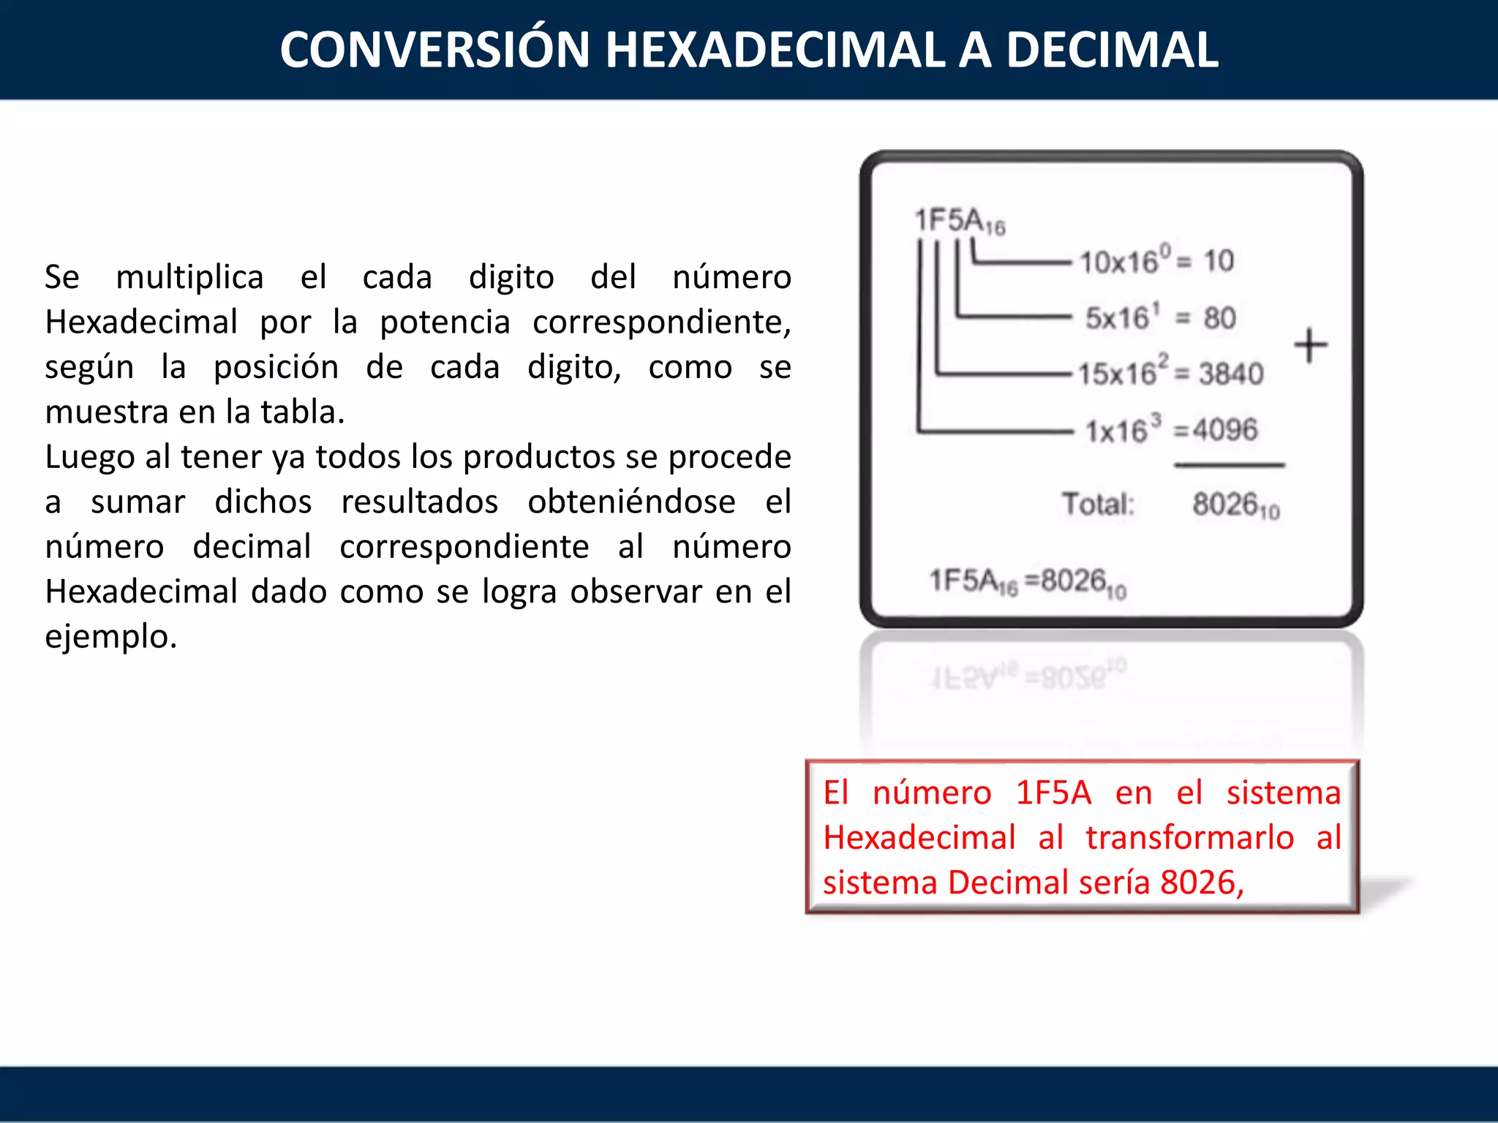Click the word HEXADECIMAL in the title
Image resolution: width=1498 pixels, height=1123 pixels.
(x=775, y=50)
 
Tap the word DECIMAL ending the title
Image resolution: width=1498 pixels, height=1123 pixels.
(x=1112, y=50)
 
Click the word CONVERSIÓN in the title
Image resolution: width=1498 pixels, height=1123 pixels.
(x=434, y=50)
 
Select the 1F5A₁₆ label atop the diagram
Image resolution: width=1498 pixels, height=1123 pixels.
(x=959, y=220)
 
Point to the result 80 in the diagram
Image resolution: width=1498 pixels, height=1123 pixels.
(x=1219, y=318)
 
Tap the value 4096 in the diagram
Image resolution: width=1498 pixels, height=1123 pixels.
(x=1225, y=430)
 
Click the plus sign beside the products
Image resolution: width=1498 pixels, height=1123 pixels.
(x=1310, y=345)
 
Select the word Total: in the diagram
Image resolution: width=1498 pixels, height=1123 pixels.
(x=1098, y=504)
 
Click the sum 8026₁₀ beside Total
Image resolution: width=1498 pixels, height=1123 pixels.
(x=1235, y=505)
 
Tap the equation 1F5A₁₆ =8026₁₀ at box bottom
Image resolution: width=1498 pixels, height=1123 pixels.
(x=1027, y=582)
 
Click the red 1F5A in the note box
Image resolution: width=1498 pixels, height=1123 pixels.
(x=1053, y=793)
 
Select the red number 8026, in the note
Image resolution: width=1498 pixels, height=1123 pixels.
(x=1202, y=882)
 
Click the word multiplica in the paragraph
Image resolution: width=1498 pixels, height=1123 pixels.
(x=189, y=278)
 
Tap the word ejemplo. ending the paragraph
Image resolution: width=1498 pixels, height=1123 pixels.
(x=110, y=637)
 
